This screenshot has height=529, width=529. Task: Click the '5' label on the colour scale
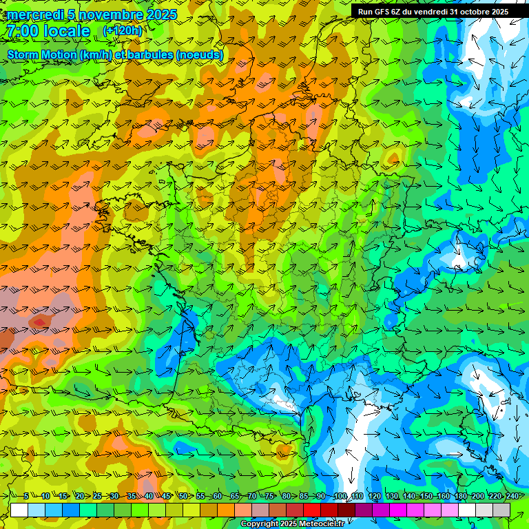[25, 497]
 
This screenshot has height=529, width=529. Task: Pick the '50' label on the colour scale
[183, 497]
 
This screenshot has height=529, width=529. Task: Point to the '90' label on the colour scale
[321, 497]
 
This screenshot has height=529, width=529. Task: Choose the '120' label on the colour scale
[374, 497]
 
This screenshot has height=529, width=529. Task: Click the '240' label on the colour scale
[512, 497]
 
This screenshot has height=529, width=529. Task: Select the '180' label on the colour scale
[460, 497]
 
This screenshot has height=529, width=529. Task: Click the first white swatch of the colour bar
[19, 510]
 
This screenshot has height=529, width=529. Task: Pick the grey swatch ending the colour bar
[501, 510]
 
